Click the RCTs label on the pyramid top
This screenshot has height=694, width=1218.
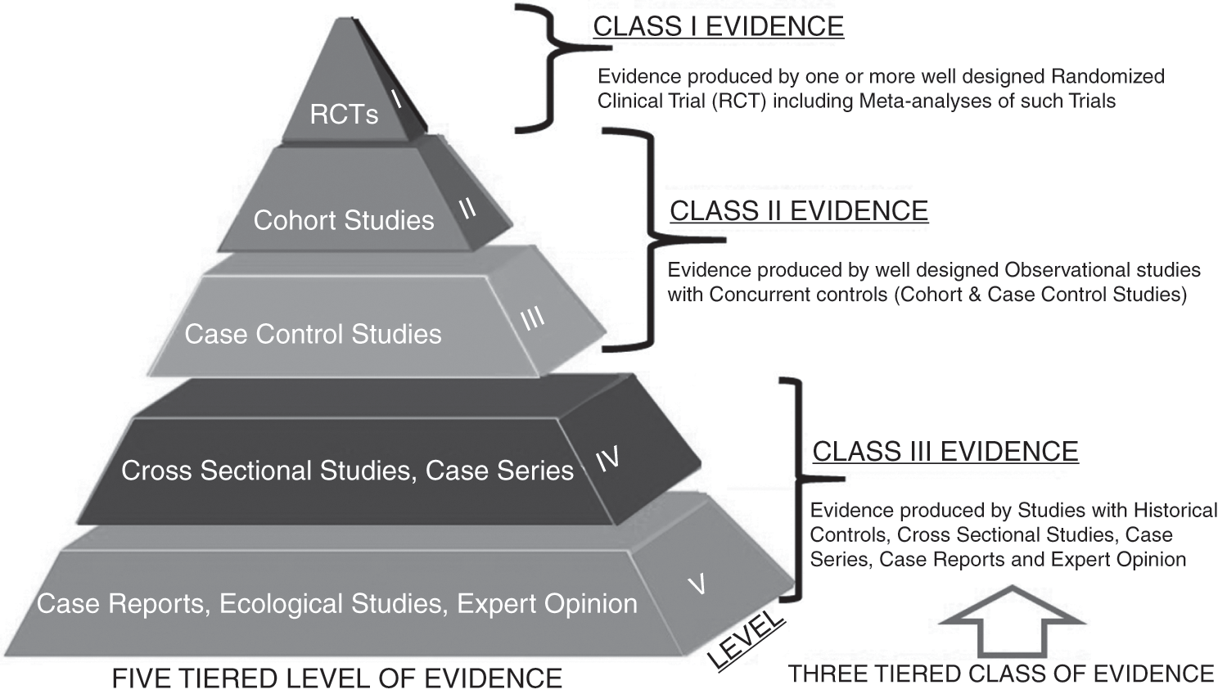344,114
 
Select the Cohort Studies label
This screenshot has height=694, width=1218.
344,220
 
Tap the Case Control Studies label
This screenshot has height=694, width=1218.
313,334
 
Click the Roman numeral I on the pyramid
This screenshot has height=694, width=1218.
396,99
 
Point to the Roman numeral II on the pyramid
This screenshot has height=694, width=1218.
467,208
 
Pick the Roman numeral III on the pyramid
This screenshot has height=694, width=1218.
532,318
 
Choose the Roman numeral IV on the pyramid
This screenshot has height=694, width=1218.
607,460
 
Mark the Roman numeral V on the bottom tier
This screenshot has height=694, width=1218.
697,584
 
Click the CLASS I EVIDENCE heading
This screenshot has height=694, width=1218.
718,26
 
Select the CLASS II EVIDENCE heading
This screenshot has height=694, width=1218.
799,211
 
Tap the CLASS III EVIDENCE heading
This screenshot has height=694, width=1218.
945,452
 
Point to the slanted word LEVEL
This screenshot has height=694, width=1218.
746,641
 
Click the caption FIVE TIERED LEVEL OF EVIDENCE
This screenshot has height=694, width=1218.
336,678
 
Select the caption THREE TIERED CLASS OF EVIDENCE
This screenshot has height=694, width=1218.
1000,674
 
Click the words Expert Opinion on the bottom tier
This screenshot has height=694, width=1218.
547,604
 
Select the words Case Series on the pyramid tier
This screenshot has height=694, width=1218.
499,471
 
